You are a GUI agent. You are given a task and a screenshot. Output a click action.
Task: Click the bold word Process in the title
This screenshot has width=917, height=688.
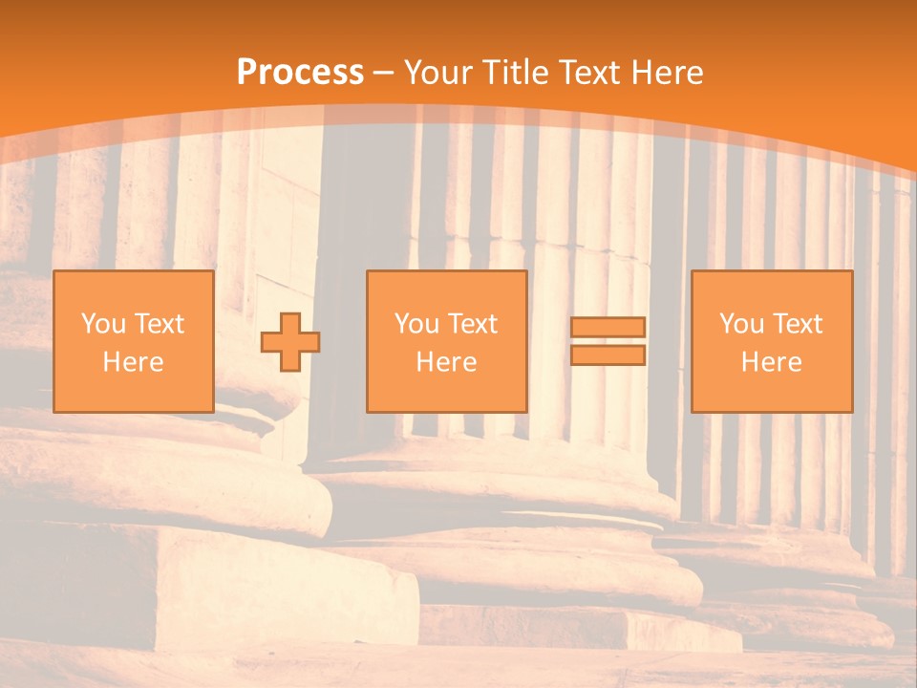click(300, 73)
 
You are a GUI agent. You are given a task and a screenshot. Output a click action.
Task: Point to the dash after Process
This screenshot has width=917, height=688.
click(384, 74)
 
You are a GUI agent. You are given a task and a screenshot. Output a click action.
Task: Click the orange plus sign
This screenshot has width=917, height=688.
click(290, 342)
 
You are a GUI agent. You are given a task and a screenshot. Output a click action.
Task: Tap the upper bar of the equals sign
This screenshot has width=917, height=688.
click(608, 327)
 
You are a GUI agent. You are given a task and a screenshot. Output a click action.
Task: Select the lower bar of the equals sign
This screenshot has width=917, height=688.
click(608, 355)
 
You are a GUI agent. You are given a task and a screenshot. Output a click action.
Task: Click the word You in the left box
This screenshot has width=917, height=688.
click(103, 324)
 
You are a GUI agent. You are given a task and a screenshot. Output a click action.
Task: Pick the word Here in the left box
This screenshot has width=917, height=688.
click(133, 362)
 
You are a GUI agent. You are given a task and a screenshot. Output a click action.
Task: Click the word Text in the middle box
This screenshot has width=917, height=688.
click(472, 324)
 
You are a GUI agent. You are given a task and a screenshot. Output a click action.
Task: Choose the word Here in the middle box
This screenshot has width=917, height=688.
click(446, 362)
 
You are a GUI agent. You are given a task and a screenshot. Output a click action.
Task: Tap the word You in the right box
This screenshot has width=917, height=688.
click(741, 324)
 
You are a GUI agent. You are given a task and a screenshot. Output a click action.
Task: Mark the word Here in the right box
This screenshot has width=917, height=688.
click(771, 362)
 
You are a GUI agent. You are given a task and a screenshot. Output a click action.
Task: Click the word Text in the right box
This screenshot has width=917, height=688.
click(797, 324)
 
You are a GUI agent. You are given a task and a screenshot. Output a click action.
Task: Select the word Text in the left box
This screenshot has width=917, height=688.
click(159, 324)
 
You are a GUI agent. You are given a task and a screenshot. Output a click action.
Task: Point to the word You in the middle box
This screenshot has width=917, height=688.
click(416, 324)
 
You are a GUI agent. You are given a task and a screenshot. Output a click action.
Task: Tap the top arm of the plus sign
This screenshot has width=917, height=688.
click(290, 322)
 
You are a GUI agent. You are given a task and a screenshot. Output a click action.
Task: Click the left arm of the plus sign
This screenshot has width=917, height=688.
click(270, 342)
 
